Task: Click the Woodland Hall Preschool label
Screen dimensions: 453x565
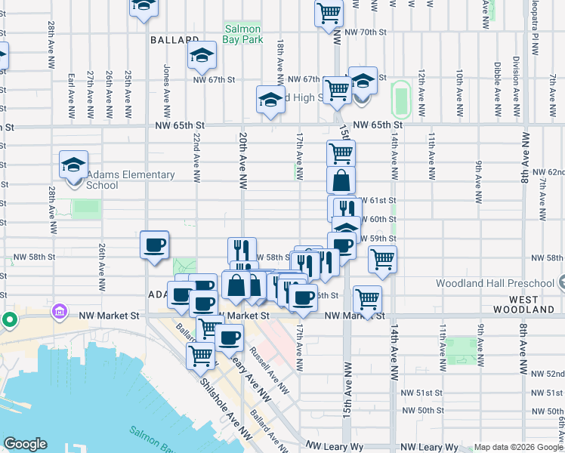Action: (x=495, y=284)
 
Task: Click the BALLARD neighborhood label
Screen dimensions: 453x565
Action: (x=174, y=39)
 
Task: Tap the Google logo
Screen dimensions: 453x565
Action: (x=25, y=444)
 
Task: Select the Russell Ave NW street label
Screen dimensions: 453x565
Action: (x=270, y=371)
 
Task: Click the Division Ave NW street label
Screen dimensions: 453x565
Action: (x=517, y=81)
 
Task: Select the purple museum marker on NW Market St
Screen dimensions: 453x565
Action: (x=59, y=311)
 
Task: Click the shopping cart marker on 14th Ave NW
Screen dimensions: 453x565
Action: (x=383, y=259)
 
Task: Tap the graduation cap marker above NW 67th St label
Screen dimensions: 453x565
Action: (x=202, y=55)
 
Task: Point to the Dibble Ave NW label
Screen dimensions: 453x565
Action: (x=497, y=83)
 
